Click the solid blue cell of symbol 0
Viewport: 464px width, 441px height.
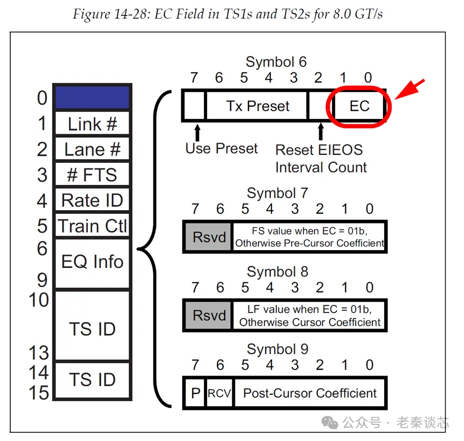click(92, 98)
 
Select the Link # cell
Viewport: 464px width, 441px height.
click(92, 124)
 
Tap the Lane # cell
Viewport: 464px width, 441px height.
click(92, 150)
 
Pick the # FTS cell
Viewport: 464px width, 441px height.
click(92, 175)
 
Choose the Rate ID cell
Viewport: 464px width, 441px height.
click(92, 201)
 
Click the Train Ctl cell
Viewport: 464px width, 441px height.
click(92, 226)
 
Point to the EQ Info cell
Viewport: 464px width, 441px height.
click(92, 262)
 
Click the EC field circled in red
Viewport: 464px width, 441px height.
click(359, 106)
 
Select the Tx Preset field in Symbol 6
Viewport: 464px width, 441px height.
click(257, 106)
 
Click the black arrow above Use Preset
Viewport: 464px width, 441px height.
click(197, 131)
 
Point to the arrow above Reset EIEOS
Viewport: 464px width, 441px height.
click(321, 131)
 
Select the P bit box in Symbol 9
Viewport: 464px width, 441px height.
click(195, 394)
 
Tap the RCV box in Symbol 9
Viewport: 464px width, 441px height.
click(219, 394)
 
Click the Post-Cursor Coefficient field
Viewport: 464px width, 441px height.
click(310, 394)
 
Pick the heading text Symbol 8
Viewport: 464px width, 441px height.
click(277, 272)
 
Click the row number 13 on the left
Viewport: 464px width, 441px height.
click(39, 353)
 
